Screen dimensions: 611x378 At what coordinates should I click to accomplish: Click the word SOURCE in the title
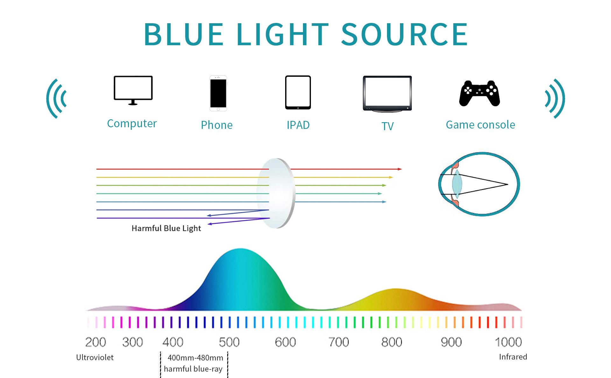pos(404,34)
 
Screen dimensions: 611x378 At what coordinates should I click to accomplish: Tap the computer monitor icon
pos(133,90)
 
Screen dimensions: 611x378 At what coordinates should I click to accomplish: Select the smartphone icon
pos(218,93)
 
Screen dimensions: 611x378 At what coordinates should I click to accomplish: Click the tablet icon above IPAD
pos(298,92)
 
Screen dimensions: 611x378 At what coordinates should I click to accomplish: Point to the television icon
pos(387,94)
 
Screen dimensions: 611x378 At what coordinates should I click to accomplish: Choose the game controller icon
pos(480,93)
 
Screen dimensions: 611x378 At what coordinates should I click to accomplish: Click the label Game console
pos(480,125)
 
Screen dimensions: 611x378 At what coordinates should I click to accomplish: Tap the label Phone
pos(217,125)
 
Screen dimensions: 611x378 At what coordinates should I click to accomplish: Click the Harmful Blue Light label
pos(166,228)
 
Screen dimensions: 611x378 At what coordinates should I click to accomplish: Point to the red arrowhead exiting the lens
pos(400,169)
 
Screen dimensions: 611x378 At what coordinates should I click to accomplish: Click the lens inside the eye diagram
pos(456,184)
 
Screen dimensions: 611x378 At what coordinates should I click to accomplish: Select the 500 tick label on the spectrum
pos(229,342)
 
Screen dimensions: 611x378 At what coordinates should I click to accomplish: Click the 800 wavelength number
pos(392,342)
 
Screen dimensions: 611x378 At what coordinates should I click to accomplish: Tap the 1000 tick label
pos(508,342)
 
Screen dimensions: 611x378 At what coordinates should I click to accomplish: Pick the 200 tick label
pos(95,342)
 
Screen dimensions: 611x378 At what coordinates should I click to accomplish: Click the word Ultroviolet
pos(95,357)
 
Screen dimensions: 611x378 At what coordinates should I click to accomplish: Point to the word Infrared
pos(513,357)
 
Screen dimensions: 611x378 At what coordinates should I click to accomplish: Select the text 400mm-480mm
pos(195,358)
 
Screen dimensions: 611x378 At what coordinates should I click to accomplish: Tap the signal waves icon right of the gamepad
pos(554,99)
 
